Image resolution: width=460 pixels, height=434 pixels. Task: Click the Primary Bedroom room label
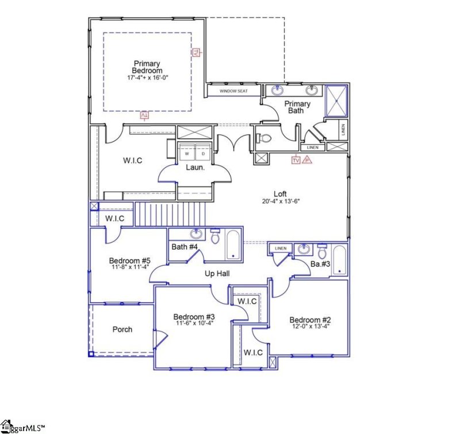(x=147, y=67)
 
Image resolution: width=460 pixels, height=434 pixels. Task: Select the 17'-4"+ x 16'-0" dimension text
(x=147, y=77)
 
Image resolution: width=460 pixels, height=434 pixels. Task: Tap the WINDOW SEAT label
(x=233, y=91)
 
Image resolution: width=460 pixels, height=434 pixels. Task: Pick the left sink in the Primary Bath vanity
(x=278, y=90)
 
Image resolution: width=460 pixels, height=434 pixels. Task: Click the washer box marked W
(x=187, y=153)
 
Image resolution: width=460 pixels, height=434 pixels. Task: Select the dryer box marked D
(x=203, y=153)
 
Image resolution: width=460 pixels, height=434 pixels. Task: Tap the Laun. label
(x=192, y=168)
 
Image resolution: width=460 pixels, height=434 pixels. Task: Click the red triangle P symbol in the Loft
(x=307, y=160)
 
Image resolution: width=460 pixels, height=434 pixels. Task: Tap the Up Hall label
(x=217, y=274)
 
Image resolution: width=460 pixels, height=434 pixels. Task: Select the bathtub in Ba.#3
(x=339, y=259)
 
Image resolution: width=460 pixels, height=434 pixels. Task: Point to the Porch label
(x=122, y=330)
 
